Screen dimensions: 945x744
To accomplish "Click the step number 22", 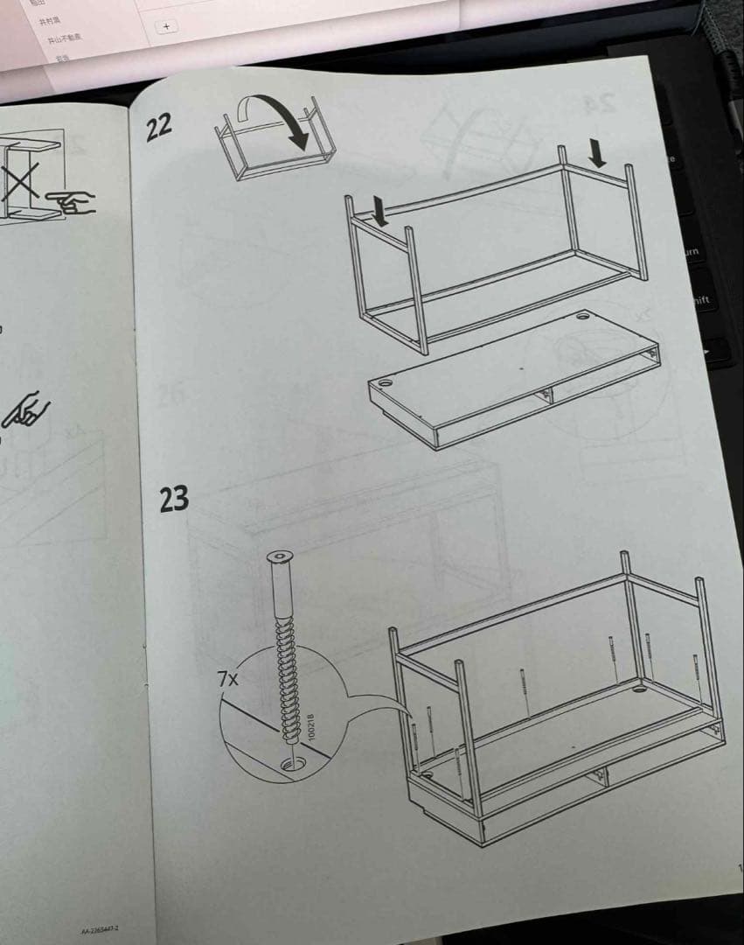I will click(x=158, y=128).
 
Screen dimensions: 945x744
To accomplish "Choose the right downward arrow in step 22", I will click(x=597, y=153).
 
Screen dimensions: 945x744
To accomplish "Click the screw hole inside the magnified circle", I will click(x=289, y=765).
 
